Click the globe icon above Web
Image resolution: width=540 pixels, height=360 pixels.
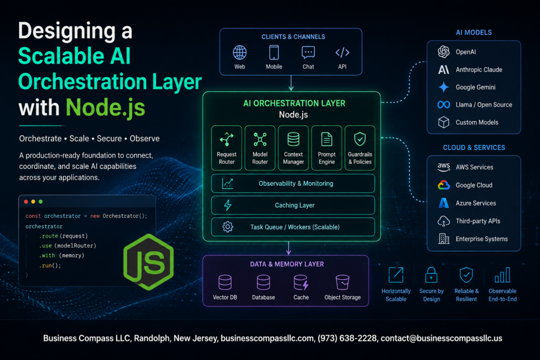[x=240, y=53]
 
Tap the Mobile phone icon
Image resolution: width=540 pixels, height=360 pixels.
[x=274, y=53]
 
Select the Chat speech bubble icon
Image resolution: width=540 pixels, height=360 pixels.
[x=308, y=53]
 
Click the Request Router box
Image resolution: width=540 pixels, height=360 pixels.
[x=227, y=148]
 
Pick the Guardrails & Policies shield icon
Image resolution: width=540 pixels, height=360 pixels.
[x=360, y=139]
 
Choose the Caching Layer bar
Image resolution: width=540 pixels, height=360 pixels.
[x=293, y=205]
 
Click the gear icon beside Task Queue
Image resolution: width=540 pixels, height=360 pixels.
[x=228, y=227]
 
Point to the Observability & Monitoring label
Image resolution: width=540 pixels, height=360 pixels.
[x=296, y=183]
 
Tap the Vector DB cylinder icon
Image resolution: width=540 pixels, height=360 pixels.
[x=225, y=282]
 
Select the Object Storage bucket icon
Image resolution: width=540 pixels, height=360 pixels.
[x=342, y=282]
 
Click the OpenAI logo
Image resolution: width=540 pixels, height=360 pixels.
[x=443, y=52]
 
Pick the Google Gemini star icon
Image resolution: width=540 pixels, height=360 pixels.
[x=443, y=87]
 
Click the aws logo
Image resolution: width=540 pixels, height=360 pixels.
[x=443, y=167]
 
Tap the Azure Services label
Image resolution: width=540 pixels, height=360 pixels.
[x=476, y=203]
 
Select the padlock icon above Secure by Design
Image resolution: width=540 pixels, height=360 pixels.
[x=431, y=275]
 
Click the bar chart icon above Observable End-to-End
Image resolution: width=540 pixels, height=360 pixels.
[x=502, y=275]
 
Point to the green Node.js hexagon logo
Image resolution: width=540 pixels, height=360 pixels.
[x=149, y=262]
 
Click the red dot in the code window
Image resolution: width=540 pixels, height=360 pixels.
[x=26, y=202]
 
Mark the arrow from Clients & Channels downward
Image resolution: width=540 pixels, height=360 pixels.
[x=291, y=83]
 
